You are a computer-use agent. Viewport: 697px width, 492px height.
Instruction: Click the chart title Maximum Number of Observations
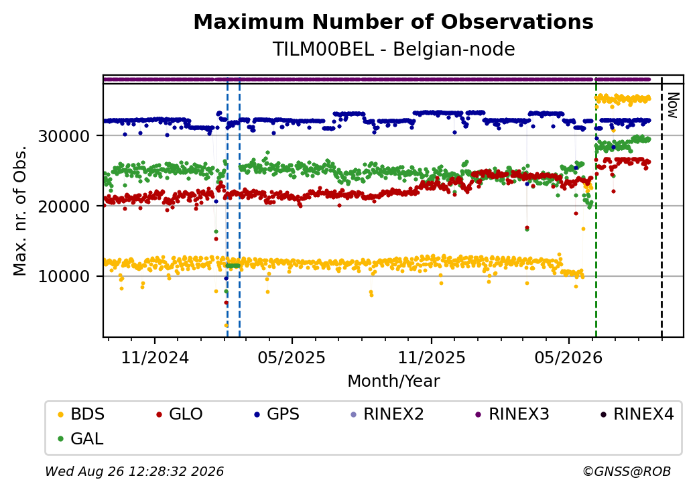(393, 21)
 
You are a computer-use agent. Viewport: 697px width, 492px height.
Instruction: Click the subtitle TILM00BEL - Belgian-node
(393, 49)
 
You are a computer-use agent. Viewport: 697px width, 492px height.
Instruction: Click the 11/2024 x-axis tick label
(155, 357)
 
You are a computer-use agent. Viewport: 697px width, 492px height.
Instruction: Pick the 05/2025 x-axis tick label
(292, 357)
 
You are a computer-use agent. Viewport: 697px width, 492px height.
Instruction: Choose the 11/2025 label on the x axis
(431, 357)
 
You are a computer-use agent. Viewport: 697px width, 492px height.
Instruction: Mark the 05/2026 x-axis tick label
(568, 357)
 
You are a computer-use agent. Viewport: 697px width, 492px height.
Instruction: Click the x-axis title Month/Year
(393, 381)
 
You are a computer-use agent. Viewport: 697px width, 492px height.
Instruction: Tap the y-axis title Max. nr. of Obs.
(20, 210)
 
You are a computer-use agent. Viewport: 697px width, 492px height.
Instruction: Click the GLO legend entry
(180, 414)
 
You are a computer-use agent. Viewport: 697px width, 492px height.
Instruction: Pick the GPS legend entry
(277, 414)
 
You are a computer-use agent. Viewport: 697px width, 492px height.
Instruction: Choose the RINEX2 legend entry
(387, 414)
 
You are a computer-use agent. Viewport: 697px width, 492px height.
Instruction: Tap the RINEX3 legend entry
(513, 414)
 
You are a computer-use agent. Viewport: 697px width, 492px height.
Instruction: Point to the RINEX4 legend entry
(637, 414)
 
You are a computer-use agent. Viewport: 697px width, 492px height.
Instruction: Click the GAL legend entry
(81, 438)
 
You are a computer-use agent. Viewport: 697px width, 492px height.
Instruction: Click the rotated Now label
(674, 105)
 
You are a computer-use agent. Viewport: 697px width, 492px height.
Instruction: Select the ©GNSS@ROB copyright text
(627, 471)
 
